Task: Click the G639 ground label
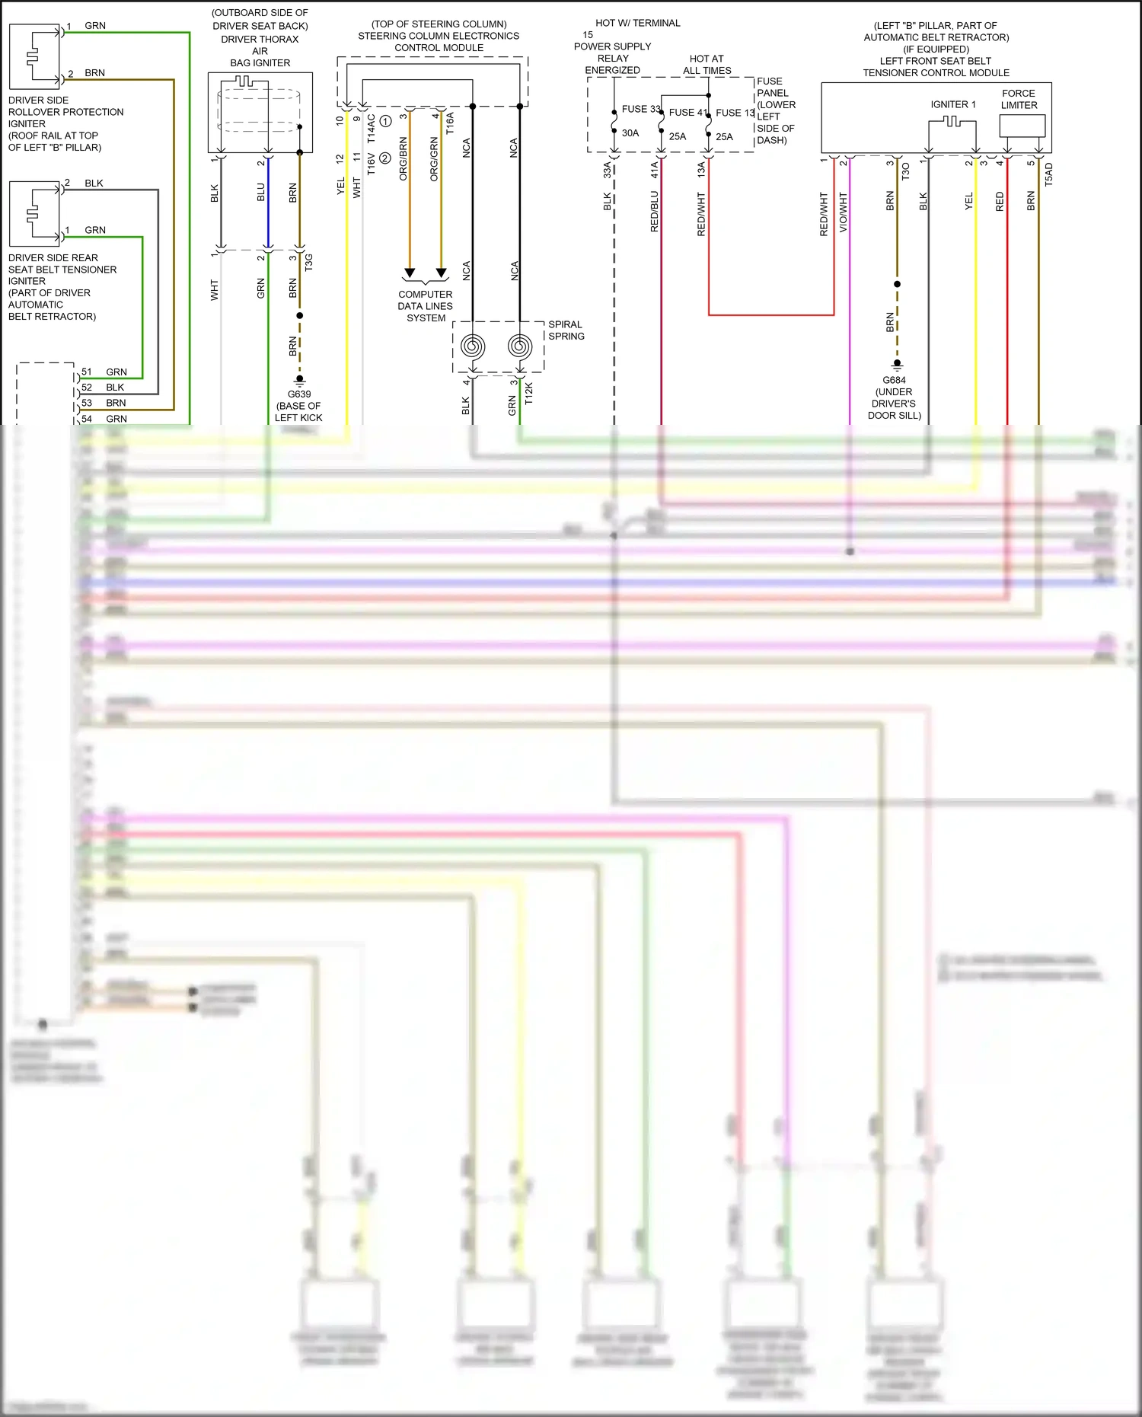pos(299,394)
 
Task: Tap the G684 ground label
pos(894,380)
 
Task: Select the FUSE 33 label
pos(640,109)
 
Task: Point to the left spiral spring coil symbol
pos(473,346)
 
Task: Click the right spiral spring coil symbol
pos(520,346)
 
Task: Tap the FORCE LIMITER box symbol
pos(1022,126)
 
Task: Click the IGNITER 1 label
pos(952,104)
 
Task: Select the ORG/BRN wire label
pos(404,159)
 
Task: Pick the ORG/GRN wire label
pos(434,159)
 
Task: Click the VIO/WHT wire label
pos(843,212)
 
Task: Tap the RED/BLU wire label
pos(654,211)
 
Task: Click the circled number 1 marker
pos(385,121)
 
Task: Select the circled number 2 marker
pos(385,158)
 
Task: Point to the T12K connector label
pos(529,393)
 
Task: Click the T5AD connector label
pos(1048,175)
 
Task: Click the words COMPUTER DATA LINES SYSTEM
pos(426,306)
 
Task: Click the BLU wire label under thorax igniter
pos(261,192)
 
